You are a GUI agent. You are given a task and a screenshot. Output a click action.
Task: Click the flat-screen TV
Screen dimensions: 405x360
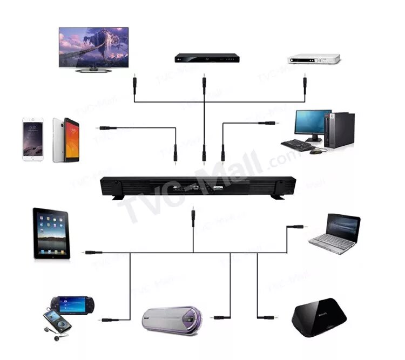[x=93, y=48]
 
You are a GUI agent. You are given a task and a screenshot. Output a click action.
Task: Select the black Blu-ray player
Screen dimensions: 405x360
[x=204, y=57]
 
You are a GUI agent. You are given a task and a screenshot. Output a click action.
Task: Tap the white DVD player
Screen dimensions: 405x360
[x=314, y=58]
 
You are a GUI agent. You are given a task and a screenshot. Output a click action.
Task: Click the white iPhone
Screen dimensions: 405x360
[x=32, y=140]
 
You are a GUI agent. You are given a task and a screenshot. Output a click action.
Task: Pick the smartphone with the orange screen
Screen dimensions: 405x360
[x=66, y=140]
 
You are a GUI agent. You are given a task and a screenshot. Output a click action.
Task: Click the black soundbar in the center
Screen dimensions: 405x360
[x=199, y=187]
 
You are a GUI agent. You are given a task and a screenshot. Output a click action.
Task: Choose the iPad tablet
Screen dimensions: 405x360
[x=51, y=233]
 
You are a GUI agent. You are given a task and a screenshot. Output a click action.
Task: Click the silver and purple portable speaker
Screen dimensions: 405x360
[x=170, y=320]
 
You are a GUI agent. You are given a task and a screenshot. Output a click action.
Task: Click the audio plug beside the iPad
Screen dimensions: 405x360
[x=92, y=252]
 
